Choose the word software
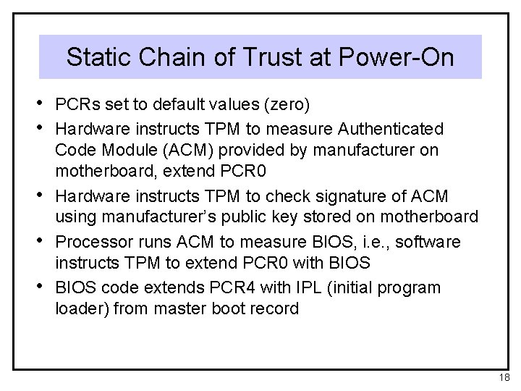[x=419, y=240]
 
